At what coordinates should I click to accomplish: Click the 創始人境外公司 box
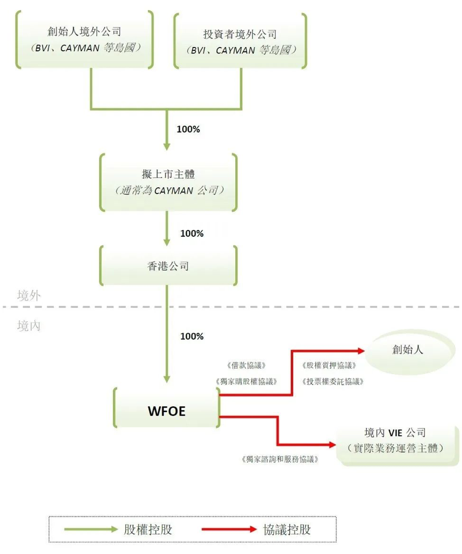click(x=84, y=40)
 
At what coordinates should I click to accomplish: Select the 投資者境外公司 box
click(x=241, y=40)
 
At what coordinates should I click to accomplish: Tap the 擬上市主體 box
click(x=166, y=182)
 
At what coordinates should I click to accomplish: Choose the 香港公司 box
click(x=166, y=266)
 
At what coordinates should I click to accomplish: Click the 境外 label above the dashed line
click(x=28, y=295)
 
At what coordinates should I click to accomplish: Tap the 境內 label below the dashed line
click(x=28, y=326)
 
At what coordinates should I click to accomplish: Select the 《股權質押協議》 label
click(x=329, y=366)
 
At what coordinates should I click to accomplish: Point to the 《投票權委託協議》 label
click(x=333, y=381)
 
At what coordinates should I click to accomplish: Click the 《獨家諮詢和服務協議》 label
click(x=280, y=459)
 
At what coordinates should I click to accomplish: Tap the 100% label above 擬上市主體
click(x=188, y=129)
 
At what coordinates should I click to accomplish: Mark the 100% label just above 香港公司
click(x=192, y=233)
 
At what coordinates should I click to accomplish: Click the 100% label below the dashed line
click(x=192, y=336)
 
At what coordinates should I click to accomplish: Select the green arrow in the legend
click(x=91, y=530)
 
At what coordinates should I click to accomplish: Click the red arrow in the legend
click(x=229, y=530)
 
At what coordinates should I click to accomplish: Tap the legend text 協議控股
click(x=287, y=530)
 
